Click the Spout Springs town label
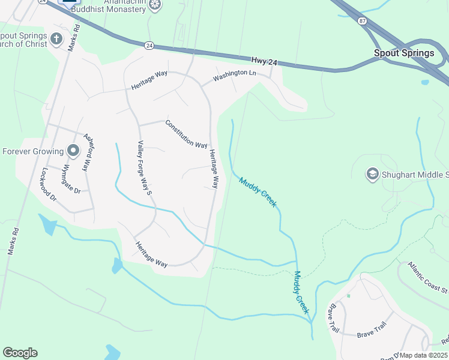[404, 53]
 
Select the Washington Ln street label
[235, 76]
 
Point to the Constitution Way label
[186, 134]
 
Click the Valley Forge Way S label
[143, 168]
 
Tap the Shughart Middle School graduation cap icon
[372, 175]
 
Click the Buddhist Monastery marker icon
[155, 5]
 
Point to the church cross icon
[56, 39]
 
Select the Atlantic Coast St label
[427, 278]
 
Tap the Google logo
[20, 353]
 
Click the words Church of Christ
[23, 44]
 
